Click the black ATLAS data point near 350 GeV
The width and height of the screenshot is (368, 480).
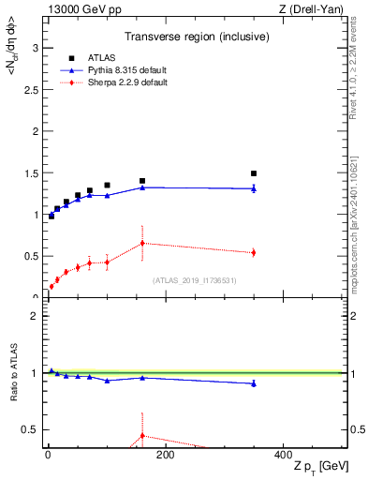[x=254, y=173]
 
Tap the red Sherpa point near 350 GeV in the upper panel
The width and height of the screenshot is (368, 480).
[x=254, y=252]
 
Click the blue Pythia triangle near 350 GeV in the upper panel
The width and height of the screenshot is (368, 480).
[x=254, y=188]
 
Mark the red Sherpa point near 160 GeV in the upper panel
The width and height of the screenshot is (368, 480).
[x=142, y=243]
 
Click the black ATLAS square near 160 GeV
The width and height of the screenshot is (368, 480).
[x=142, y=181]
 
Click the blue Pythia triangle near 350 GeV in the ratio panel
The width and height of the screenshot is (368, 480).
[x=254, y=383]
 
